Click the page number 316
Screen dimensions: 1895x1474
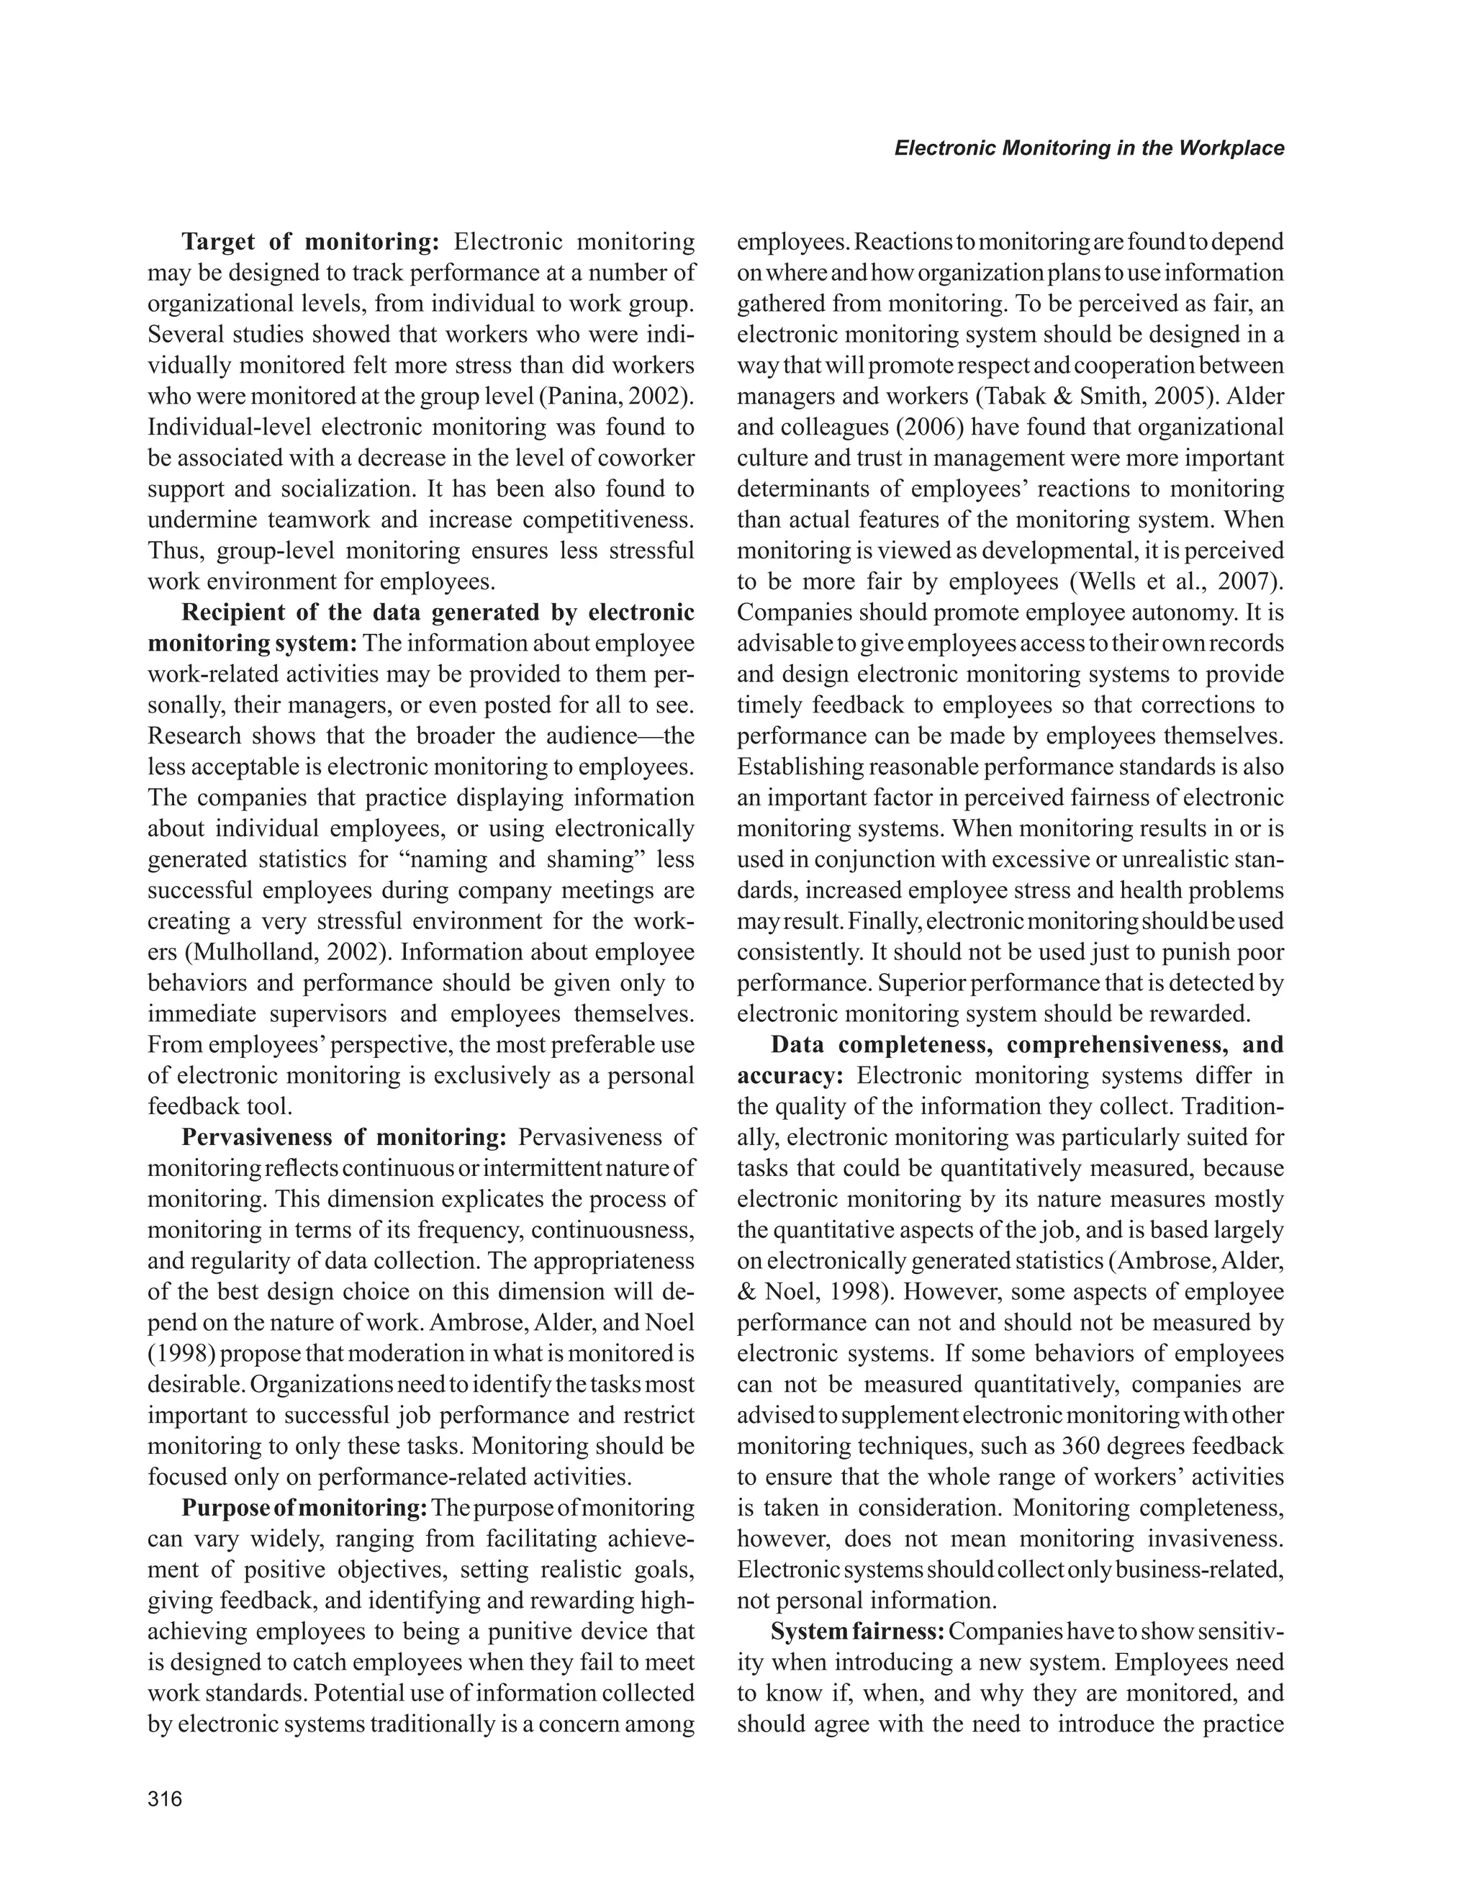[165, 1799]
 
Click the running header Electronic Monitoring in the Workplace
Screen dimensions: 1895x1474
[1089, 148]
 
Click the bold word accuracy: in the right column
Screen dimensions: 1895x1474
[790, 1076]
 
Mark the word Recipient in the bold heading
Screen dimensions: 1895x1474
[232, 612]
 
